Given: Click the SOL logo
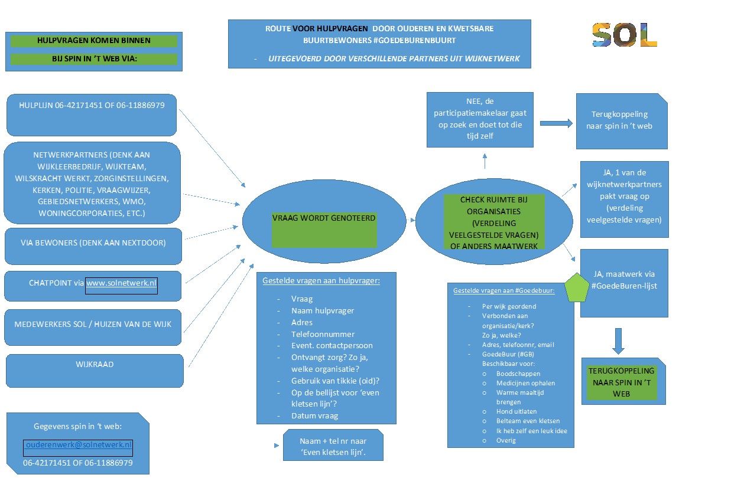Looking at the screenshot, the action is point(625,35).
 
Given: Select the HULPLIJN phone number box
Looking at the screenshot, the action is point(92,114).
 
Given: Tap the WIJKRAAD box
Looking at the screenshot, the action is point(95,371).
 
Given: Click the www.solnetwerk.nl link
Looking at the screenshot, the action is point(121,283).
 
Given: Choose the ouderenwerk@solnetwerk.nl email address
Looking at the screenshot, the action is point(79,444).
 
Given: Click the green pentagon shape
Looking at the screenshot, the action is point(577,287).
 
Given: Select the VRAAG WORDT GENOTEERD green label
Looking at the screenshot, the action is point(324,230).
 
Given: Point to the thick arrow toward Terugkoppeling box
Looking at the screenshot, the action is point(556,123).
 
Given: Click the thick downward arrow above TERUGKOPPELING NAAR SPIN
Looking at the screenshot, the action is point(618,341).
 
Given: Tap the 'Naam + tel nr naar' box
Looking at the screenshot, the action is point(333,445).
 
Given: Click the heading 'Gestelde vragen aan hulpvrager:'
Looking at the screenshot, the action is point(321,281).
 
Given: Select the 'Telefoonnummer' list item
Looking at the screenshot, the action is point(323,334).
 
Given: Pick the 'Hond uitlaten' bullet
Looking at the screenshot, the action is point(516,411).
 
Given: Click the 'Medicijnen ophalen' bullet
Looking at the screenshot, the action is point(525,383).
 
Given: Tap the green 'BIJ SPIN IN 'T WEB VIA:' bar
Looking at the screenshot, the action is point(94,58).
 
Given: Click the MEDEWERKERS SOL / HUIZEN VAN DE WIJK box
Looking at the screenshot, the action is point(93,328).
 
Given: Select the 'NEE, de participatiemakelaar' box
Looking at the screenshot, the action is point(480,120).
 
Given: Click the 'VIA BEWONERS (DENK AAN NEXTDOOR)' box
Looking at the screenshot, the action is point(93,246).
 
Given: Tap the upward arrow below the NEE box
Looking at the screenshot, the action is point(485,161).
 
